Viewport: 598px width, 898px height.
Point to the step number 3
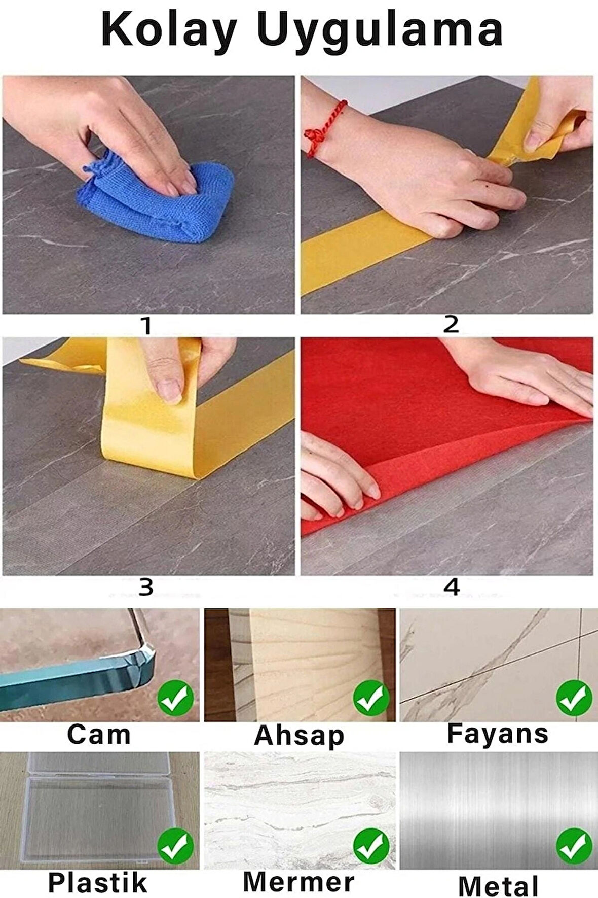pyautogui.click(x=146, y=588)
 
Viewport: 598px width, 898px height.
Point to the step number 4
pyautogui.click(x=452, y=587)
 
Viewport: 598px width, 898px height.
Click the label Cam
pyautogui.click(x=99, y=734)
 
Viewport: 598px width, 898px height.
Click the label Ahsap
pyautogui.click(x=299, y=735)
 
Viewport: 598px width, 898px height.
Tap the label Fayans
pyautogui.click(x=498, y=734)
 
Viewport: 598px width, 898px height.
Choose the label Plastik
pyautogui.click(x=97, y=883)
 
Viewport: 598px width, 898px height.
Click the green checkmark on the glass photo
pyautogui.click(x=176, y=699)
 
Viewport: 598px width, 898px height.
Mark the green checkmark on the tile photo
pyautogui.click(x=574, y=699)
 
